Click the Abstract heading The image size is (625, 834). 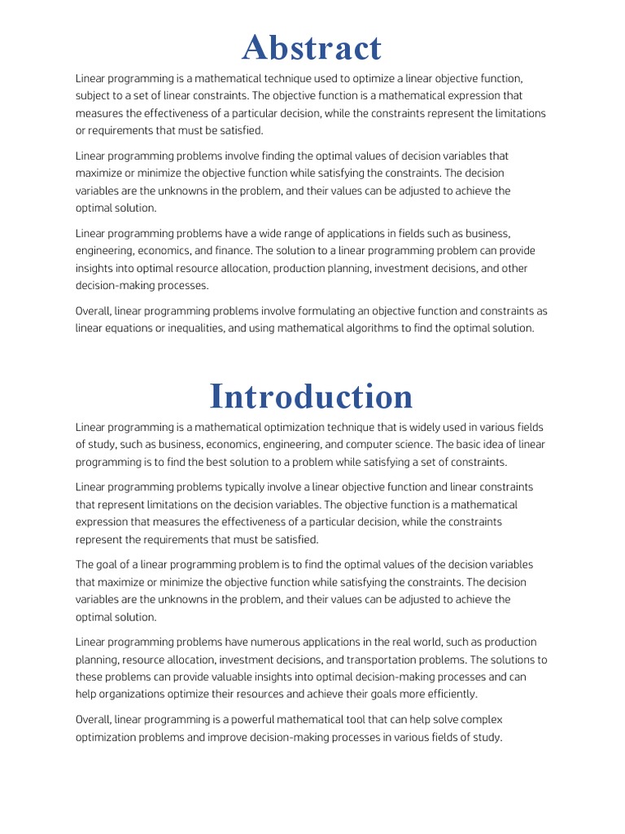point(312,48)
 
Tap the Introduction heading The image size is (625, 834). point(312,396)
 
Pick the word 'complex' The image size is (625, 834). point(505,720)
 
